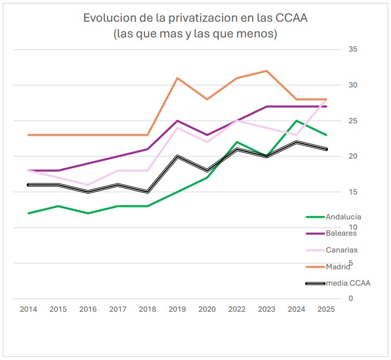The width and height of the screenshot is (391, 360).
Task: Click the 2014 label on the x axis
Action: [x=28, y=309]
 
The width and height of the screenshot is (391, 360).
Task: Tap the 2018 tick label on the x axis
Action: [x=147, y=309]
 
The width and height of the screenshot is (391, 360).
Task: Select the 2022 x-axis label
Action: [x=237, y=309]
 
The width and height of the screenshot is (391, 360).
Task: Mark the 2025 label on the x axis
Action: [x=326, y=309]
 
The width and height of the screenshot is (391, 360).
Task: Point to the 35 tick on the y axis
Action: [x=353, y=49]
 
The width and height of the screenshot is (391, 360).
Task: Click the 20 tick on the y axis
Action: [x=353, y=156]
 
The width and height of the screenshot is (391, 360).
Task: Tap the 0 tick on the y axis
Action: [x=351, y=299]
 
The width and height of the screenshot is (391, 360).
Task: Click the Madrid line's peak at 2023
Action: [x=266, y=71]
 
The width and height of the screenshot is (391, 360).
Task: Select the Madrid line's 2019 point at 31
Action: [x=177, y=78]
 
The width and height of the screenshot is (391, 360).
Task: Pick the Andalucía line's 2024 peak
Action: [x=296, y=121]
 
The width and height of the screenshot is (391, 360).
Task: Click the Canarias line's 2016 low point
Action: [x=88, y=185]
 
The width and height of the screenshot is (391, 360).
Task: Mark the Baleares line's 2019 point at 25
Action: [x=177, y=121]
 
